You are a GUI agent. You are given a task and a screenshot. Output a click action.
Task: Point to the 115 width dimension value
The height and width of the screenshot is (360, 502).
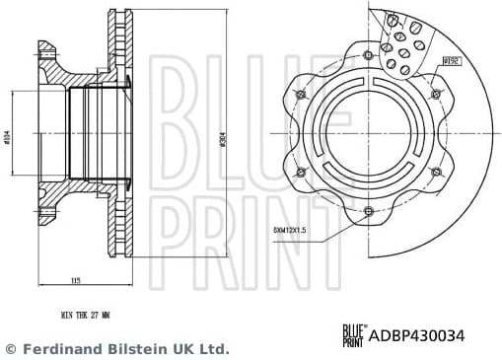tap(75, 281)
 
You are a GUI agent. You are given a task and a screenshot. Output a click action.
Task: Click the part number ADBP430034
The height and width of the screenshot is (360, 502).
tap(417, 336)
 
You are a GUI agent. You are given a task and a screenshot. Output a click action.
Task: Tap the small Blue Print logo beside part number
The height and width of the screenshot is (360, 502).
tap(353, 336)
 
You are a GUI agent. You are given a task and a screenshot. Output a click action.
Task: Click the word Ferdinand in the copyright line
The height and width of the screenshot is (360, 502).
tap(64, 349)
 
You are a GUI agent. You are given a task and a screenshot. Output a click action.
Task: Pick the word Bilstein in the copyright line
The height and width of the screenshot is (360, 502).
tap(139, 349)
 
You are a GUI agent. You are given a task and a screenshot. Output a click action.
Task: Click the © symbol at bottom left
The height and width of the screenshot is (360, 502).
tap(11, 349)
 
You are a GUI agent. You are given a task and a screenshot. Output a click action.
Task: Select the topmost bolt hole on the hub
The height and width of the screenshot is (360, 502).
tap(368, 54)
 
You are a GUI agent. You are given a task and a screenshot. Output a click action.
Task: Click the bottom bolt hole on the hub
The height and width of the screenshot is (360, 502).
tap(368, 210)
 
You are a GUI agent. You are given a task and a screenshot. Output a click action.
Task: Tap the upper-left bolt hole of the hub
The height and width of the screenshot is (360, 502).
tap(301, 94)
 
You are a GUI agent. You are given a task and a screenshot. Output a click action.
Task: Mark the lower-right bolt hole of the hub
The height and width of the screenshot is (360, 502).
tap(435, 171)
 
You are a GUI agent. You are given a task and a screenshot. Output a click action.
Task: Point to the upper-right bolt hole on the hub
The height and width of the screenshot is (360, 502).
tap(435, 94)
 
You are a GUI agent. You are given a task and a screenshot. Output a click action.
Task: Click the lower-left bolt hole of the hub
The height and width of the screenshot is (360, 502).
tap(301, 171)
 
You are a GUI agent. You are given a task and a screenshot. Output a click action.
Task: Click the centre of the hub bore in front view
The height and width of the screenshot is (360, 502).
tap(368, 132)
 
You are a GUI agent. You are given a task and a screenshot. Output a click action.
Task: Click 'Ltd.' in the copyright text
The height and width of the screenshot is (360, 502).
tap(214, 349)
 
